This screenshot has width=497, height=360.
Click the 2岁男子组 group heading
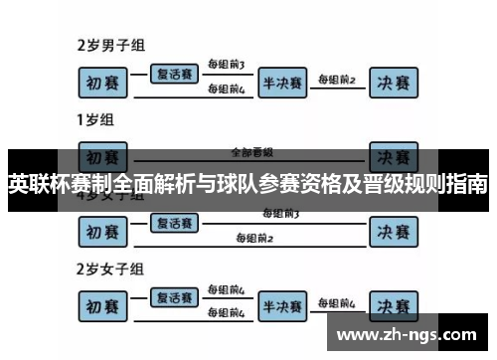(112, 45)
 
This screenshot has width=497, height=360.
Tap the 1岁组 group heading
(97, 121)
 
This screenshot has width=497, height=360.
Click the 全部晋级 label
(250, 152)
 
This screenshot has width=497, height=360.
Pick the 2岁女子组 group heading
(112, 268)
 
